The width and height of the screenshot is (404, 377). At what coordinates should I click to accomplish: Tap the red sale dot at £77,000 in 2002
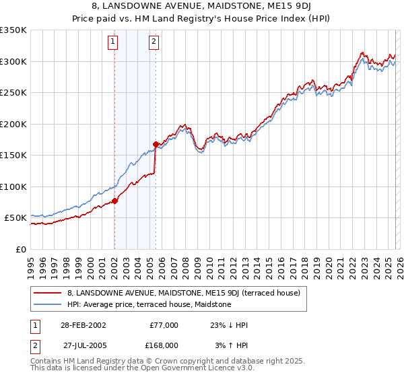114,201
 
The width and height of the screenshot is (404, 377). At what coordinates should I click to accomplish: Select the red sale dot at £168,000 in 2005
156,144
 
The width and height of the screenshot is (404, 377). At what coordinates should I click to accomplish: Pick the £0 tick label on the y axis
22,249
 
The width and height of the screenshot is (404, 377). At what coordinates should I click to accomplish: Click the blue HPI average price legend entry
149,304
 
